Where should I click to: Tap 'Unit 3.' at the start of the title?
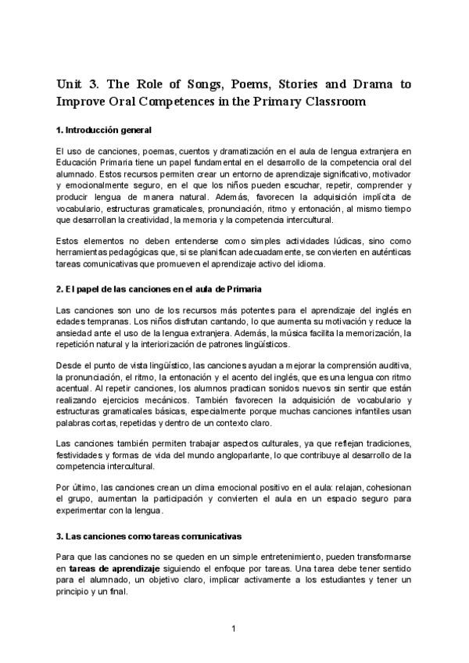[x=77, y=84]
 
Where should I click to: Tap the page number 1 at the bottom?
[x=234, y=628]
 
